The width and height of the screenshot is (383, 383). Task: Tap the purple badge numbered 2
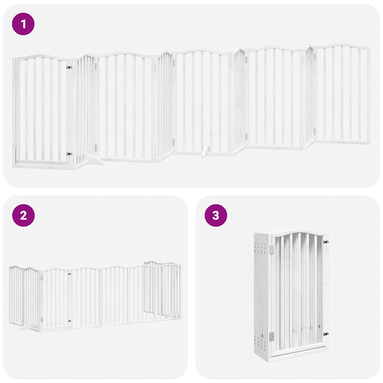click(x=23, y=215)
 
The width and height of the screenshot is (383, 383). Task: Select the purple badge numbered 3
click(x=216, y=215)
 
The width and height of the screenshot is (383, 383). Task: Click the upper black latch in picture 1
click(x=69, y=67)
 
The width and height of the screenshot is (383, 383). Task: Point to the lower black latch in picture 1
click(x=69, y=154)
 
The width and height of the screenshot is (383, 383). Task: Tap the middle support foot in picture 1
click(x=206, y=152)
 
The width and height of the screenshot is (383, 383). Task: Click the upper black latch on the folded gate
click(x=326, y=241)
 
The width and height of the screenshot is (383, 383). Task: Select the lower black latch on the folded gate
click(x=326, y=334)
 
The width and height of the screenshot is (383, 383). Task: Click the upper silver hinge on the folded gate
click(x=271, y=249)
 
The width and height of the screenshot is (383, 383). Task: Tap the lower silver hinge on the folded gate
click(x=271, y=337)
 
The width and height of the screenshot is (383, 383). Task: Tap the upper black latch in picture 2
click(x=69, y=273)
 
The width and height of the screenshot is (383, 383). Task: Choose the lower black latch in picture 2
click(x=69, y=321)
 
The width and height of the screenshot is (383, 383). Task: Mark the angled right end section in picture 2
click(x=162, y=290)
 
